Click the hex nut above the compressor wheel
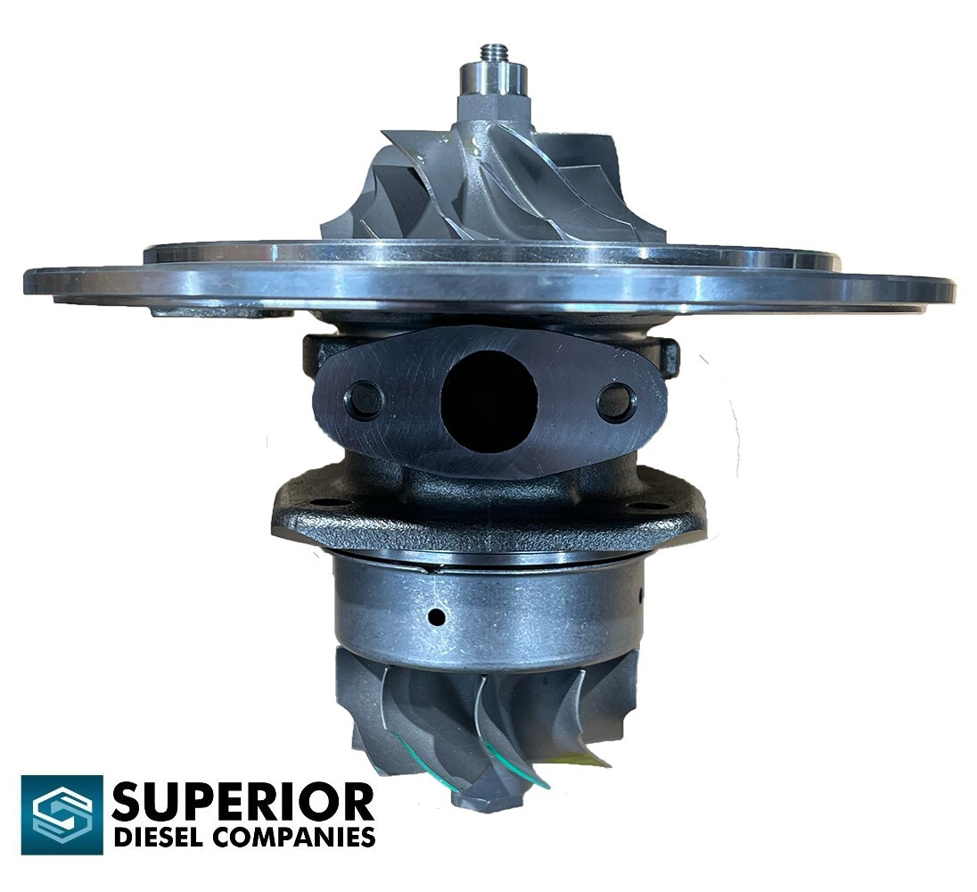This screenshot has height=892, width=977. (493, 108)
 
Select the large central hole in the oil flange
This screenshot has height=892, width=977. (489, 399)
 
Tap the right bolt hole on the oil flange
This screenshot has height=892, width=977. (616, 402)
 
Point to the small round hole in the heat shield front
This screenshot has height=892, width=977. (437, 616)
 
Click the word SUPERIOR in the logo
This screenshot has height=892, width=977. (242, 802)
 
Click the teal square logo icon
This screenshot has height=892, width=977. (62, 814)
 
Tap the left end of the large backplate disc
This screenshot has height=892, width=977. (36, 284)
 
